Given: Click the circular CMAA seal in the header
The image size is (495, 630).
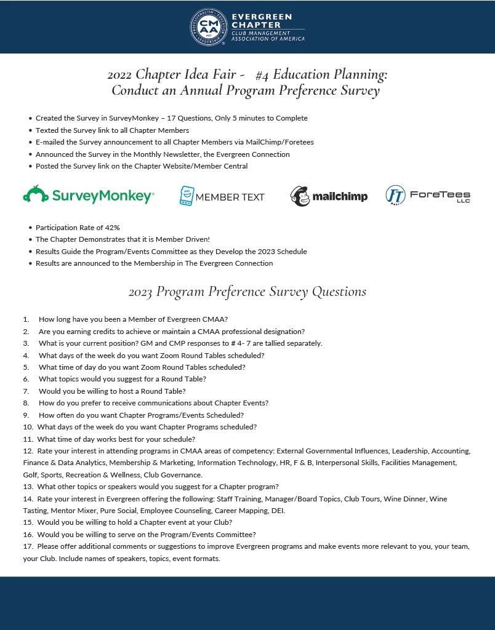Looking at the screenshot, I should click(208, 27).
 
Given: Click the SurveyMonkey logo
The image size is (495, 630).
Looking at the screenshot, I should click(88, 196).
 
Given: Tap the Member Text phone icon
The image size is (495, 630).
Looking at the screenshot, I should click(187, 196).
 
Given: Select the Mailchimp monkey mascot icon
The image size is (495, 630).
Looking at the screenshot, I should click(300, 196).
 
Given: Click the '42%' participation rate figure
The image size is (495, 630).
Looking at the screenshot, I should click(112, 228).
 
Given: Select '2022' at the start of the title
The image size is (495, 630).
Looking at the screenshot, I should click(119, 74).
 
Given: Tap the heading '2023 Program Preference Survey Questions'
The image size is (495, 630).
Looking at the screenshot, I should click(247, 291).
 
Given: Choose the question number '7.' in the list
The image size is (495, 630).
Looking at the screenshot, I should click(26, 391).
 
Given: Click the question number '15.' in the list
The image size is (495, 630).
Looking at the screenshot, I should click(28, 522).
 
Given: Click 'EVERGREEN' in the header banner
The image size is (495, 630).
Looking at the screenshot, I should click(261, 17).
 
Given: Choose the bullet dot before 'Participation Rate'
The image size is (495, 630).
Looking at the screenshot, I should click(30, 228).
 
